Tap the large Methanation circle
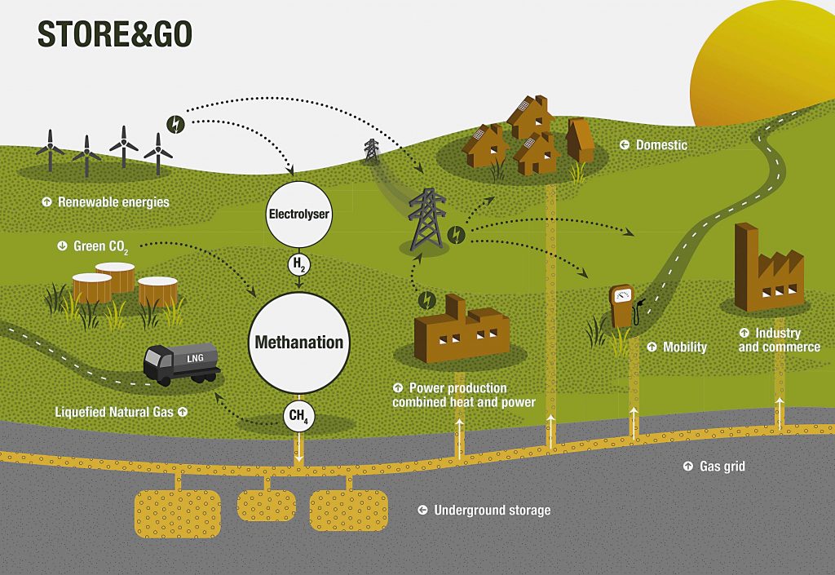298,342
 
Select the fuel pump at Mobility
623,306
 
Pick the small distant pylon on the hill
371,149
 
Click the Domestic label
660,145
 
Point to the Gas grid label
722,467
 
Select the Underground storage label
492,511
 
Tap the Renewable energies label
113,201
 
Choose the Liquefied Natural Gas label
114,412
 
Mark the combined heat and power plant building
460,330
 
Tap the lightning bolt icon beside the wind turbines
175,124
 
